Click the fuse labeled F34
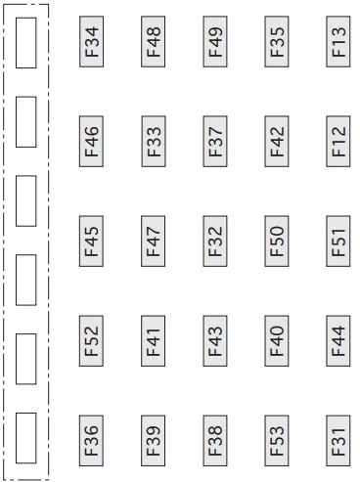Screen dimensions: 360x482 coord(91,42)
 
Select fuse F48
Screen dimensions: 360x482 coord(154,42)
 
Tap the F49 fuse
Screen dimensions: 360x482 coord(215,42)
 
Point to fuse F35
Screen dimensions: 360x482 coord(277,42)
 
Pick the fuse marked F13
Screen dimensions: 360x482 coord(338,42)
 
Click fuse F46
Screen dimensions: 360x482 coord(91,142)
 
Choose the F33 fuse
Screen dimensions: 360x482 coord(154,142)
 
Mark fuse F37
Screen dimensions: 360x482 coord(215,142)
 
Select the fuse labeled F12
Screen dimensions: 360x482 coord(338,142)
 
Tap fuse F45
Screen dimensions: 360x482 coord(91,241)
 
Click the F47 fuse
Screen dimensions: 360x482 coord(154,241)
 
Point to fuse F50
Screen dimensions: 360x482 coord(277,241)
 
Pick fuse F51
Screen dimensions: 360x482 coord(338,241)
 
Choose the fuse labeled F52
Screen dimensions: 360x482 coord(91,341)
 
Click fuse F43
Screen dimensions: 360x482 coord(215,341)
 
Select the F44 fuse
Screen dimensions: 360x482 coord(338,341)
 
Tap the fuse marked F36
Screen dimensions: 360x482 coord(91,441)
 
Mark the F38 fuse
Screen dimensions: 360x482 coord(215,441)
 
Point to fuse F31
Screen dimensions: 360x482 coord(338,441)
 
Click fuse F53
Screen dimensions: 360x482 coord(277,441)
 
